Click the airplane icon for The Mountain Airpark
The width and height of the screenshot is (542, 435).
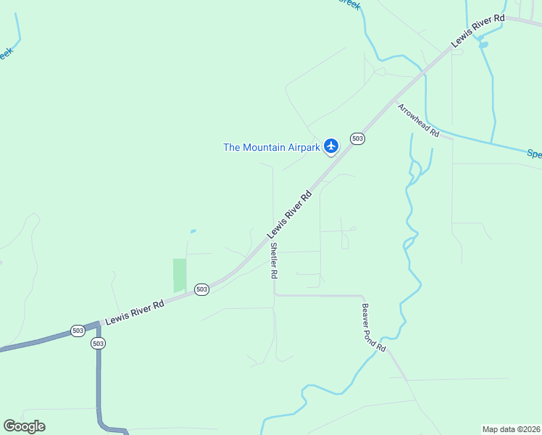(331, 146)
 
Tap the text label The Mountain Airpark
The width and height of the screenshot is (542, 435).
(271, 147)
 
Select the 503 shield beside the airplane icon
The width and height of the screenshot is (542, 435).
(357, 138)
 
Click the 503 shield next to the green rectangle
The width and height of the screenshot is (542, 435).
(201, 289)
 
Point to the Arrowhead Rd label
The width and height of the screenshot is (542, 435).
(418, 120)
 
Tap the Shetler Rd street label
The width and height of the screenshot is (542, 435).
(274, 261)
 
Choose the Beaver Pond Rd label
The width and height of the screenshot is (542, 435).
(373, 328)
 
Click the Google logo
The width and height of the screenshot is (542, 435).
(24, 426)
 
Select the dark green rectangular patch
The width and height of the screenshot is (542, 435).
(179, 275)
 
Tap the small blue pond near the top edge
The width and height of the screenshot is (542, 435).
(483, 44)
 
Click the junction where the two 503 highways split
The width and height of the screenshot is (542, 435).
(98, 326)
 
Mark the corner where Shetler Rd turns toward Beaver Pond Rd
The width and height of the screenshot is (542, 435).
(274, 295)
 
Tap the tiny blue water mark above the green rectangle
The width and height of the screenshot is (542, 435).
(193, 231)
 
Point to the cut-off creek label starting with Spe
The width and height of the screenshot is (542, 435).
(533, 154)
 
